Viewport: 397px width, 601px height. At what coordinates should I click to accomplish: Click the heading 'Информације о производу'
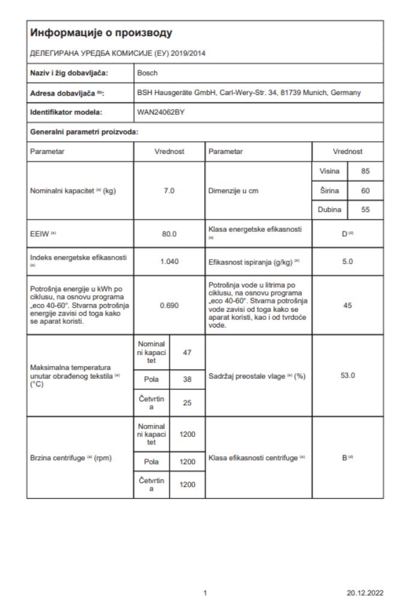point(101,31)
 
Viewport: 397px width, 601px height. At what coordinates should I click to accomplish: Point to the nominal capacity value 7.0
point(169,191)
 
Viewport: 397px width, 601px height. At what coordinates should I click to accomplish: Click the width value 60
point(365,191)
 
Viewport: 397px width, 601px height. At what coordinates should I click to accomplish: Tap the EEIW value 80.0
point(169,233)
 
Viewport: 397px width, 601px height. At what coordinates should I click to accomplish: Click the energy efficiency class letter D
point(345,233)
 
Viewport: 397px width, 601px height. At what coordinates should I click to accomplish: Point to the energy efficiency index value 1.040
point(169,261)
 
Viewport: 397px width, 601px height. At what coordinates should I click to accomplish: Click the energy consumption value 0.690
point(169,305)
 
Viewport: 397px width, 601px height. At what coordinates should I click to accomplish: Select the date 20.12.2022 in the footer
point(366,592)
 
